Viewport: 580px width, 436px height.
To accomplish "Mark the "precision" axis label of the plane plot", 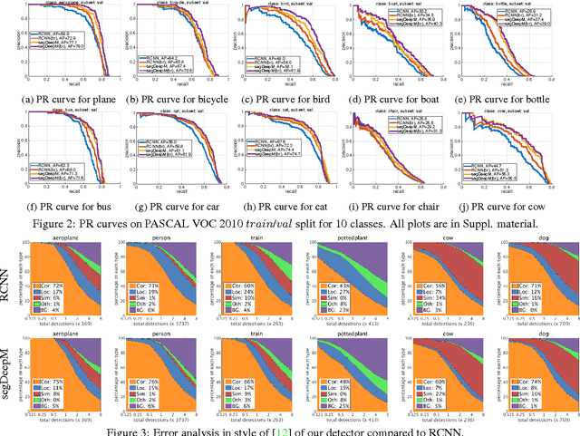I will click(x=9, y=41).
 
